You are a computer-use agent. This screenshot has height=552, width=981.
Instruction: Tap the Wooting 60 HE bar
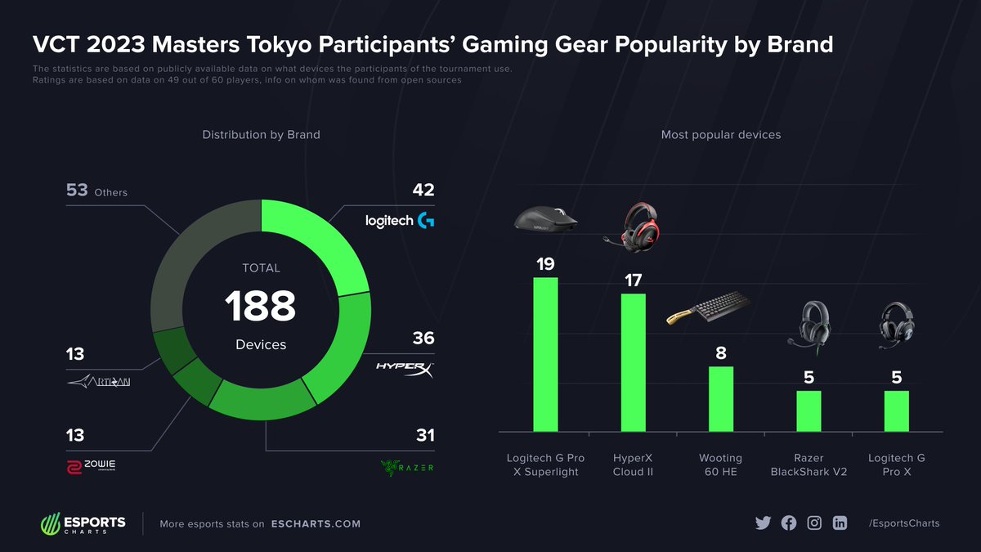pyautogui.click(x=720, y=398)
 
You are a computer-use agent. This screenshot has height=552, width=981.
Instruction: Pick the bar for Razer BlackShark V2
pyautogui.click(x=808, y=411)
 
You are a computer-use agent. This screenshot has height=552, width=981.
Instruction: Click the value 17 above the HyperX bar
pyautogui.click(x=633, y=280)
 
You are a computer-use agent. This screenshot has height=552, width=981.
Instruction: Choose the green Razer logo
pyautogui.click(x=406, y=467)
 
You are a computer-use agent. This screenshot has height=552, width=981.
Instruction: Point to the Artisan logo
pyautogui.click(x=99, y=382)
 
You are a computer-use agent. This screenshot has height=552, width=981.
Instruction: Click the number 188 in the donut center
pyautogui.click(x=260, y=307)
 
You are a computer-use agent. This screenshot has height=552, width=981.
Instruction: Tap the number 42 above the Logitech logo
pyautogui.click(x=423, y=191)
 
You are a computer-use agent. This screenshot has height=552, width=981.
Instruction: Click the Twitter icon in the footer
pyautogui.click(x=763, y=523)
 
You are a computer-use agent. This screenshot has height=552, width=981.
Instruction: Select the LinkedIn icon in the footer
pyautogui.click(x=840, y=523)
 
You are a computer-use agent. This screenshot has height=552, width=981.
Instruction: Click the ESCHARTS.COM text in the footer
pyautogui.click(x=316, y=523)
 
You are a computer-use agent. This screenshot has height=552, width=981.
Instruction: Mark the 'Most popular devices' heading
pyautogui.click(x=720, y=134)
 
